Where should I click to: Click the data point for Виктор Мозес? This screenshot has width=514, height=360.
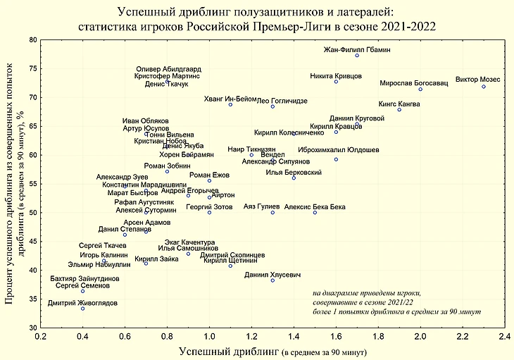pyautogui.click(x=484, y=87)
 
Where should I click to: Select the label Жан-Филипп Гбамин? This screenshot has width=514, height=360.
pyautogui.click(x=356, y=50)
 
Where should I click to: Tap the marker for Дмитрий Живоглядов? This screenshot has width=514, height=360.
pyautogui.click(x=82, y=309)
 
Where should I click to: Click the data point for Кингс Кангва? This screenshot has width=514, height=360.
pyautogui.click(x=399, y=109)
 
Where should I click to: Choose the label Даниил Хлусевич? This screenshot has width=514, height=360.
pyautogui.click(x=272, y=274)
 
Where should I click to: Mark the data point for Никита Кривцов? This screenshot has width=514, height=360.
pyautogui.click(x=336, y=82)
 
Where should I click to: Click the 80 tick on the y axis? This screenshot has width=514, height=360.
pyautogui.click(x=32, y=40)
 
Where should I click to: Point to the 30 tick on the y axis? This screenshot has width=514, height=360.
pyautogui.click(x=32, y=328)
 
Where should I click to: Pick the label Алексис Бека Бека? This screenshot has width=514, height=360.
pyautogui.click(x=315, y=207)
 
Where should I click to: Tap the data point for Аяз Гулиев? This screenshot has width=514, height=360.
pyautogui.click(x=272, y=213)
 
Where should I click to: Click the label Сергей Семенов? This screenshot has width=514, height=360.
pyautogui.click(x=82, y=285)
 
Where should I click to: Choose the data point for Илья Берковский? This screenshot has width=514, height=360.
pyautogui.click(x=294, y=178)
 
